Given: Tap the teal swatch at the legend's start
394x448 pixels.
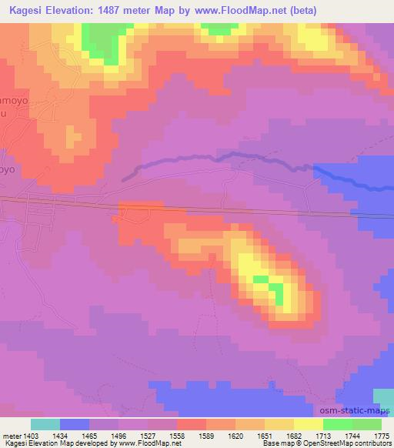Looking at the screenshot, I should [45, 424].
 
